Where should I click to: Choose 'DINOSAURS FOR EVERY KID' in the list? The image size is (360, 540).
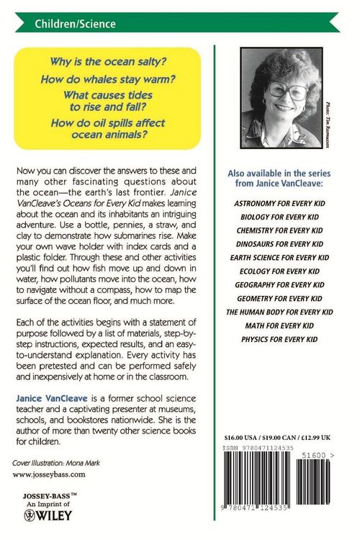pyautogui.click(x=279, y=243)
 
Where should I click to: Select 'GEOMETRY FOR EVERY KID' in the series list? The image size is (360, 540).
pyautogui.click(x=279, y=299)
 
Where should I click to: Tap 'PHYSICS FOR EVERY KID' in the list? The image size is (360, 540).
pyautogui.click(x=279, y=338)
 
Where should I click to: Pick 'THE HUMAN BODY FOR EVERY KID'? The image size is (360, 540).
pyautogui.click(x=279, y=312)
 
